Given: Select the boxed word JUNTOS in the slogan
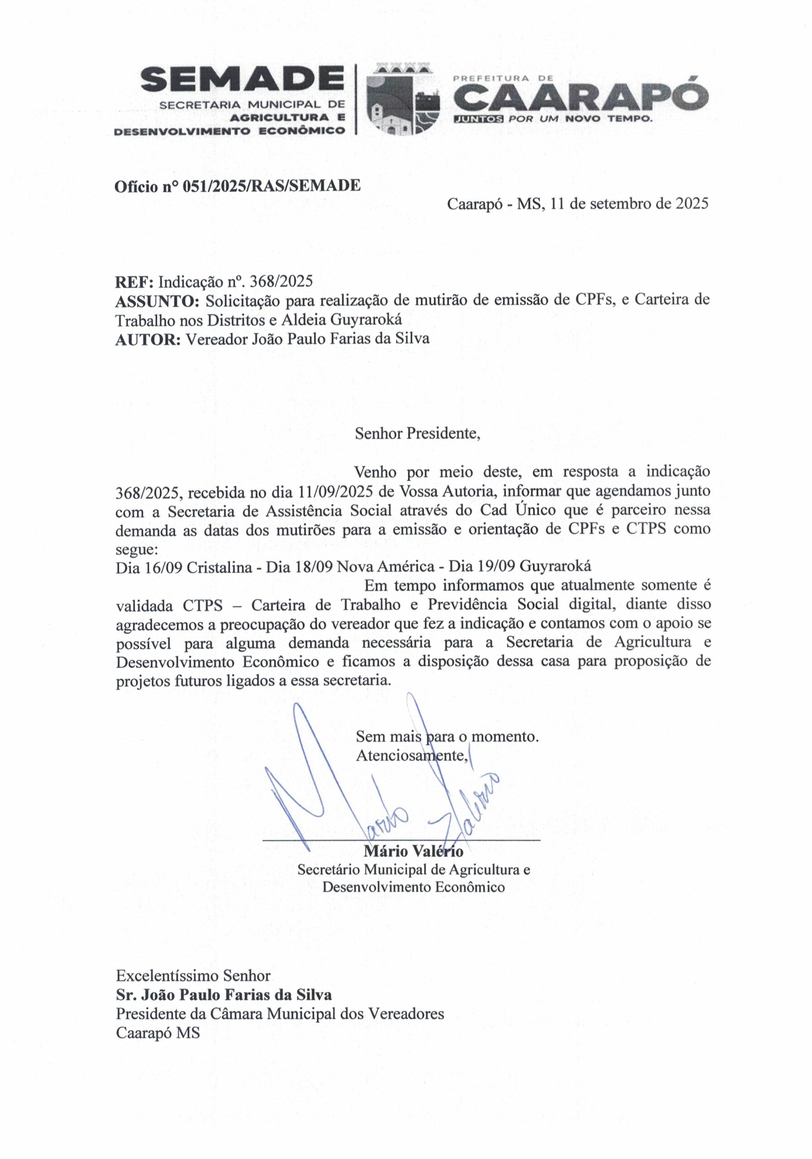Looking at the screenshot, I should point(478,120).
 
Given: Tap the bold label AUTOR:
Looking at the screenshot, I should point(148,338).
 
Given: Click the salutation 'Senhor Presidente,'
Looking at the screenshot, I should point(417,434).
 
